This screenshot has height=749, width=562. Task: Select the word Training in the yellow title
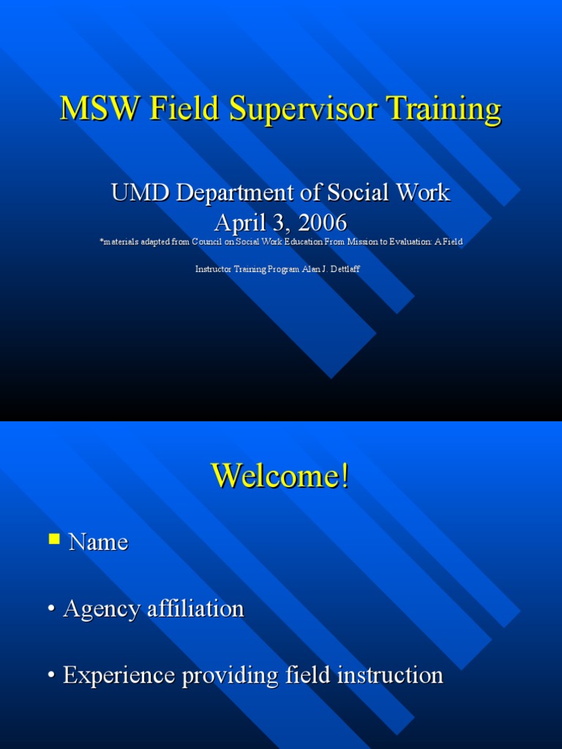[x=447, y=110]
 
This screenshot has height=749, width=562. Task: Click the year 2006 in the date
[x=320, y=222]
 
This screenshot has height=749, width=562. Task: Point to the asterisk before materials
[x=101, y=241]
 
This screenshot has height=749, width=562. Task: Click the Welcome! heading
[x=280, y=476]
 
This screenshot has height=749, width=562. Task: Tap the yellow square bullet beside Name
[x=54, y=540]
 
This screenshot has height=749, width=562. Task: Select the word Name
[x=98, y=542]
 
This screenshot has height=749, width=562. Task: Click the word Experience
[x=119, y=676]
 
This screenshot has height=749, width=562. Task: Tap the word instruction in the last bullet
[x=391, y=675]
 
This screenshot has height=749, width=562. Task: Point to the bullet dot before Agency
[x=52, y=610]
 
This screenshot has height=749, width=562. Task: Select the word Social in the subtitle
[x=360, y=193]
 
